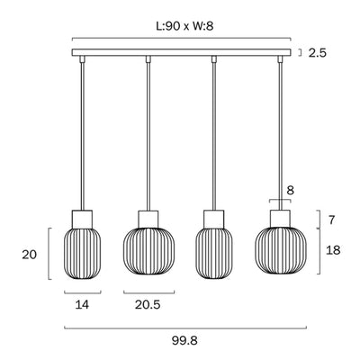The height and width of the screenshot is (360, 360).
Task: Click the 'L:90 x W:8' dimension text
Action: (x=184, y=26)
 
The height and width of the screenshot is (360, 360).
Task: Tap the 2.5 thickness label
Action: (x=317, y=53)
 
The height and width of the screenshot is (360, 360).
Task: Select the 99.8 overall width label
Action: (x=184, y=341)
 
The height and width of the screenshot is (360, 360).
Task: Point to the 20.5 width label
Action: (x=148, y=305)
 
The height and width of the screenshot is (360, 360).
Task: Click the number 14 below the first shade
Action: (x=82, y=305)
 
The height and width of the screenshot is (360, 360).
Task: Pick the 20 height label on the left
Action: (x=29, y=255)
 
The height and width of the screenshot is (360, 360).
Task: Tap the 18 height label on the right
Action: (x=333, y=249)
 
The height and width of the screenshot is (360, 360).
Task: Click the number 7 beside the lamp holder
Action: (x=331, y=220)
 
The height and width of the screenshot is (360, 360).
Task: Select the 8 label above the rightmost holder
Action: (x=291, y=190)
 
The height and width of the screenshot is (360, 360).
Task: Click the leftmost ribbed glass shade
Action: (x=82, y=254)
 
